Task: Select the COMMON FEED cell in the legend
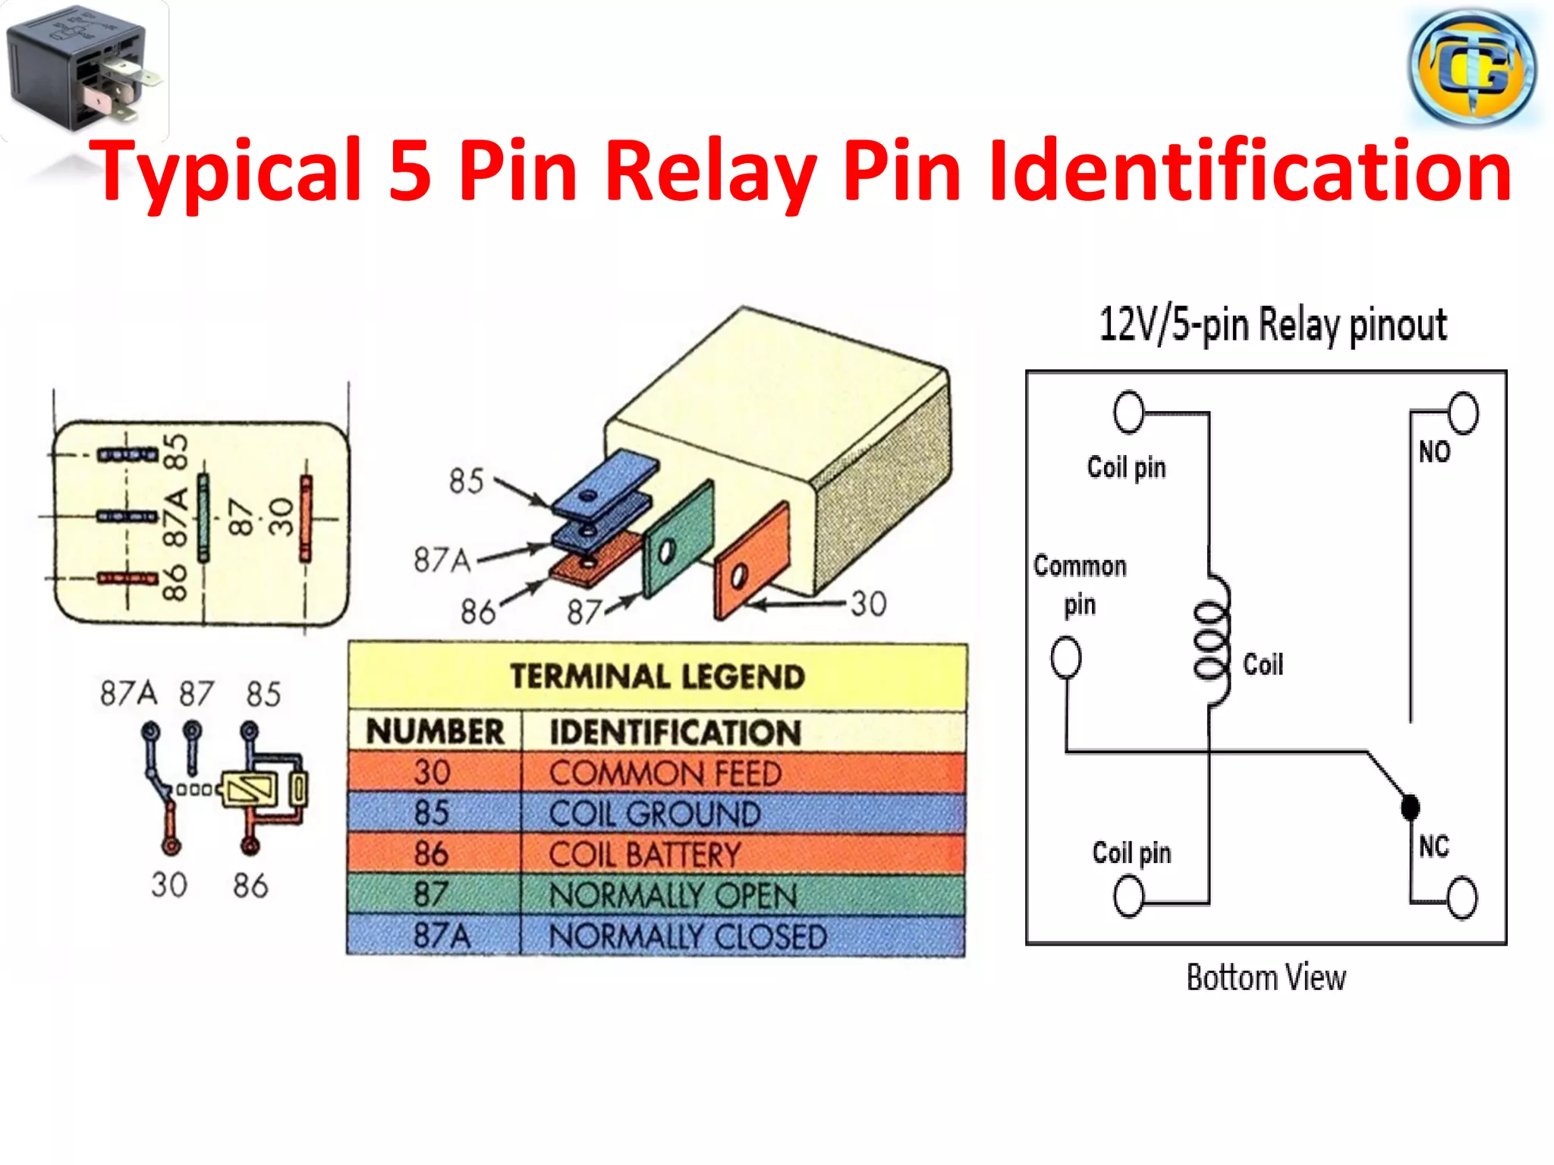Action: coord(665,774)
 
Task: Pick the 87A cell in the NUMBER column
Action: coord(440,936)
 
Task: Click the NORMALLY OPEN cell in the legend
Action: coord(672,896)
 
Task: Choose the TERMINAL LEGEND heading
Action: coord(657,677)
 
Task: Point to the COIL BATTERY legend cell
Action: coord(644,855)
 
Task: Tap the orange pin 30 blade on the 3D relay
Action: coord(751,561)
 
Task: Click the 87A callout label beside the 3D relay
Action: coord(442,561)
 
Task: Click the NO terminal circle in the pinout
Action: coord(1463,413)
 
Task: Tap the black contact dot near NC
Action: coord(1410,807)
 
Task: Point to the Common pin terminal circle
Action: coord(1065,657)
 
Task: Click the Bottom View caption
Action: coord(1266,978)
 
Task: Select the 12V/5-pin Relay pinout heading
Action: coord(1272,325)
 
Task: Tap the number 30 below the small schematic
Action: coord(168,885)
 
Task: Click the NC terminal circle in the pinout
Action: coord(1461,898)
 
